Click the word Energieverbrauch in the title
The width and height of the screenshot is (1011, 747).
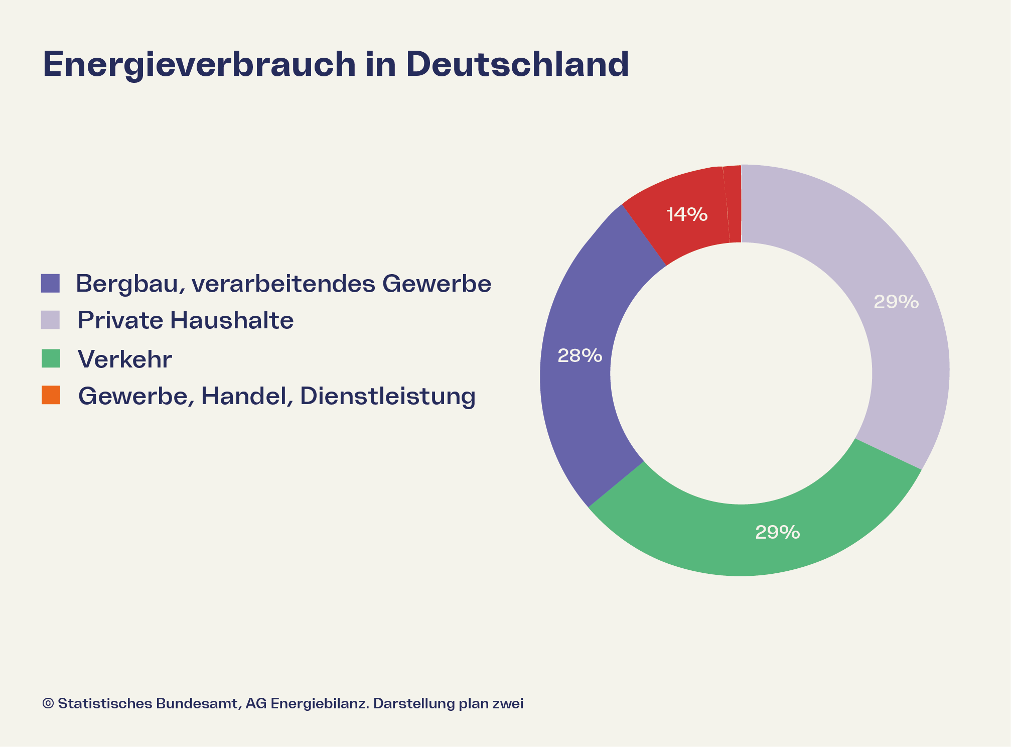(199, 65)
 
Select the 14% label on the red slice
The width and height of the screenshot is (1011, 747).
(686, 215)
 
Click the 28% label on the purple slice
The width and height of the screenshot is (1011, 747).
(580, 356)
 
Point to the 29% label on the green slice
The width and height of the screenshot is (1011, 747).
(777, 532)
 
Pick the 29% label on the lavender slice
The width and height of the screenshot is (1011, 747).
(896, 302)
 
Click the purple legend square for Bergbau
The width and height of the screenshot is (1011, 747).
(50, 283)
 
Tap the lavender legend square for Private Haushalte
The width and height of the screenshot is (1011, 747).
(50, 320)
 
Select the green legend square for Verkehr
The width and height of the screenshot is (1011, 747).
(50, 358)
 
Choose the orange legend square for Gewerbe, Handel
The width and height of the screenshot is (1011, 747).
(50, 395)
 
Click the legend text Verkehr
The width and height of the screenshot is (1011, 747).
(125, 359)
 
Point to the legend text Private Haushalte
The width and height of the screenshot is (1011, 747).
(186, 320)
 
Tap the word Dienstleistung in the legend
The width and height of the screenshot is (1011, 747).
(387, 396)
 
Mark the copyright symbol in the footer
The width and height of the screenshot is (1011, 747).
(48, 703)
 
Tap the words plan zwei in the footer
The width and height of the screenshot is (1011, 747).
(491, 703)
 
